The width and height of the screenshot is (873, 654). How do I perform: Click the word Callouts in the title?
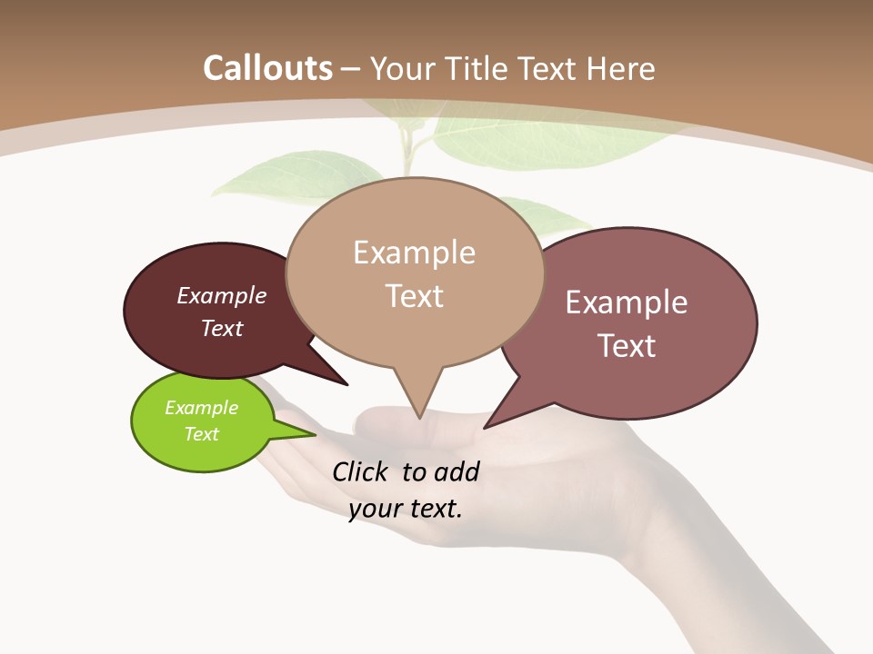(267, 68)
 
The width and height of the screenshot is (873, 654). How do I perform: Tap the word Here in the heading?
(620, 68)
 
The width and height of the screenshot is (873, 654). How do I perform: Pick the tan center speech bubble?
(415, 272)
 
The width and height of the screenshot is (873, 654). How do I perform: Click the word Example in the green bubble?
(201, 408)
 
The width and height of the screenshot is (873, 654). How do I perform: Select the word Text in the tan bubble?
(415, 296)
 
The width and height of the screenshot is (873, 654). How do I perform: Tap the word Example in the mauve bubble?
(627, 302)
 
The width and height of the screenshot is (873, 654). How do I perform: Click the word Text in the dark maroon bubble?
(222, 329)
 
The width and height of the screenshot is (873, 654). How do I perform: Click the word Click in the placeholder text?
(361, 471)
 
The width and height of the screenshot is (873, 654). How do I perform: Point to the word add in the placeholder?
(457, 471)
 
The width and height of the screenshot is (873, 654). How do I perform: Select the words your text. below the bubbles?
(406, 509)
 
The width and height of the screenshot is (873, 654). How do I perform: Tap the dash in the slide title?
(351, 68)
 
